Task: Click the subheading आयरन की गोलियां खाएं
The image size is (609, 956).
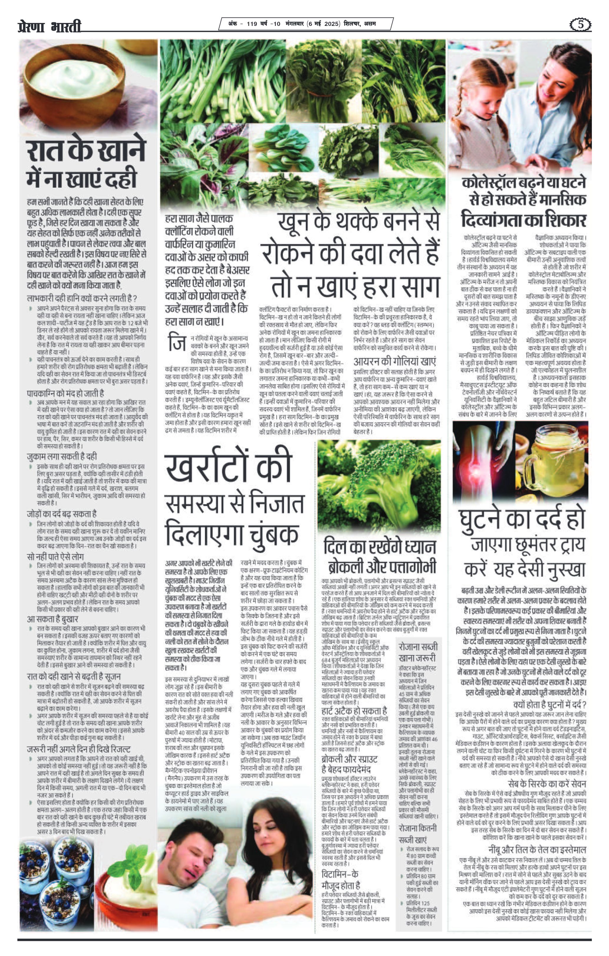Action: [395, 362]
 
